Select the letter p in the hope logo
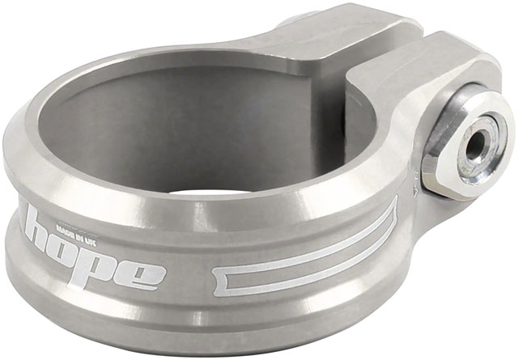tap(110, 266)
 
